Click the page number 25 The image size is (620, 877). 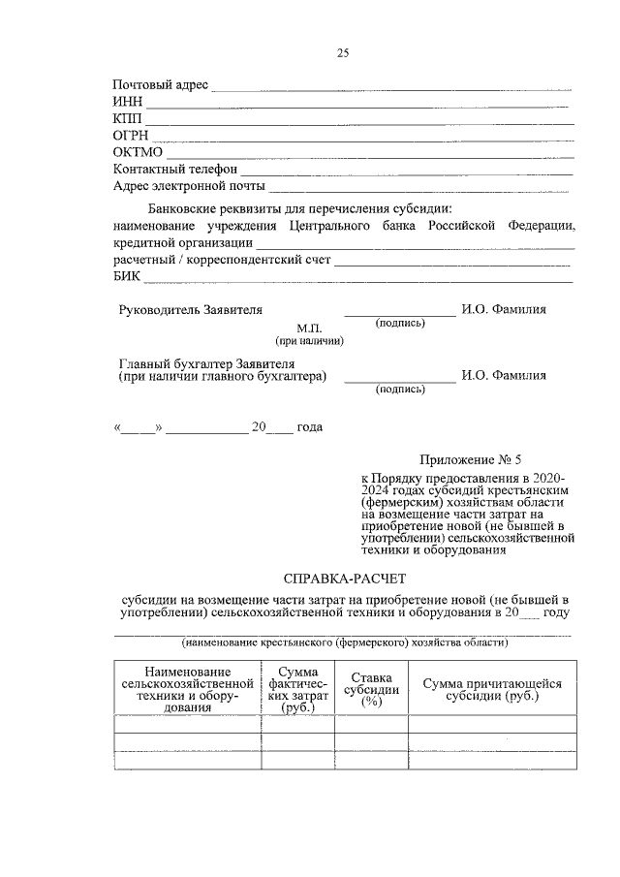tap(342, 53)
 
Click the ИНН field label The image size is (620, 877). tap(128, 102)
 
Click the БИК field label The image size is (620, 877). tap(127, 277)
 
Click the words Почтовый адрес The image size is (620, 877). tap(161, 85)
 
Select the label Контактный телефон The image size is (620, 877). tap(175, 170)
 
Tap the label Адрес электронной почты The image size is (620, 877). tap(190, 186)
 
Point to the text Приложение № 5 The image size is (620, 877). tap(464, 459)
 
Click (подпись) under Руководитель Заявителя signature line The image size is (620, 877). tap(400, 323)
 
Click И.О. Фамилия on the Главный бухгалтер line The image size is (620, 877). tap(504, 376)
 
